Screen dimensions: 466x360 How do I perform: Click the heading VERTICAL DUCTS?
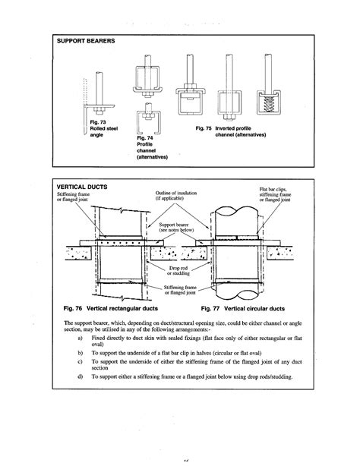pyautogui.click(x=81, y=186)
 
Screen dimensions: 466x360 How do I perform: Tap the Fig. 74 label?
pyautogui.click(x=146, y=137)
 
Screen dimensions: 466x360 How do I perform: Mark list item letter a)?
pyautogui.click(x=81, y=338)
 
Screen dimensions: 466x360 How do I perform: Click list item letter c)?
pyautogui.click(x=81, y=362)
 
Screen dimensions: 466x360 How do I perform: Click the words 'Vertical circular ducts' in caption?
pyautogui.click(x=255, y=309)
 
